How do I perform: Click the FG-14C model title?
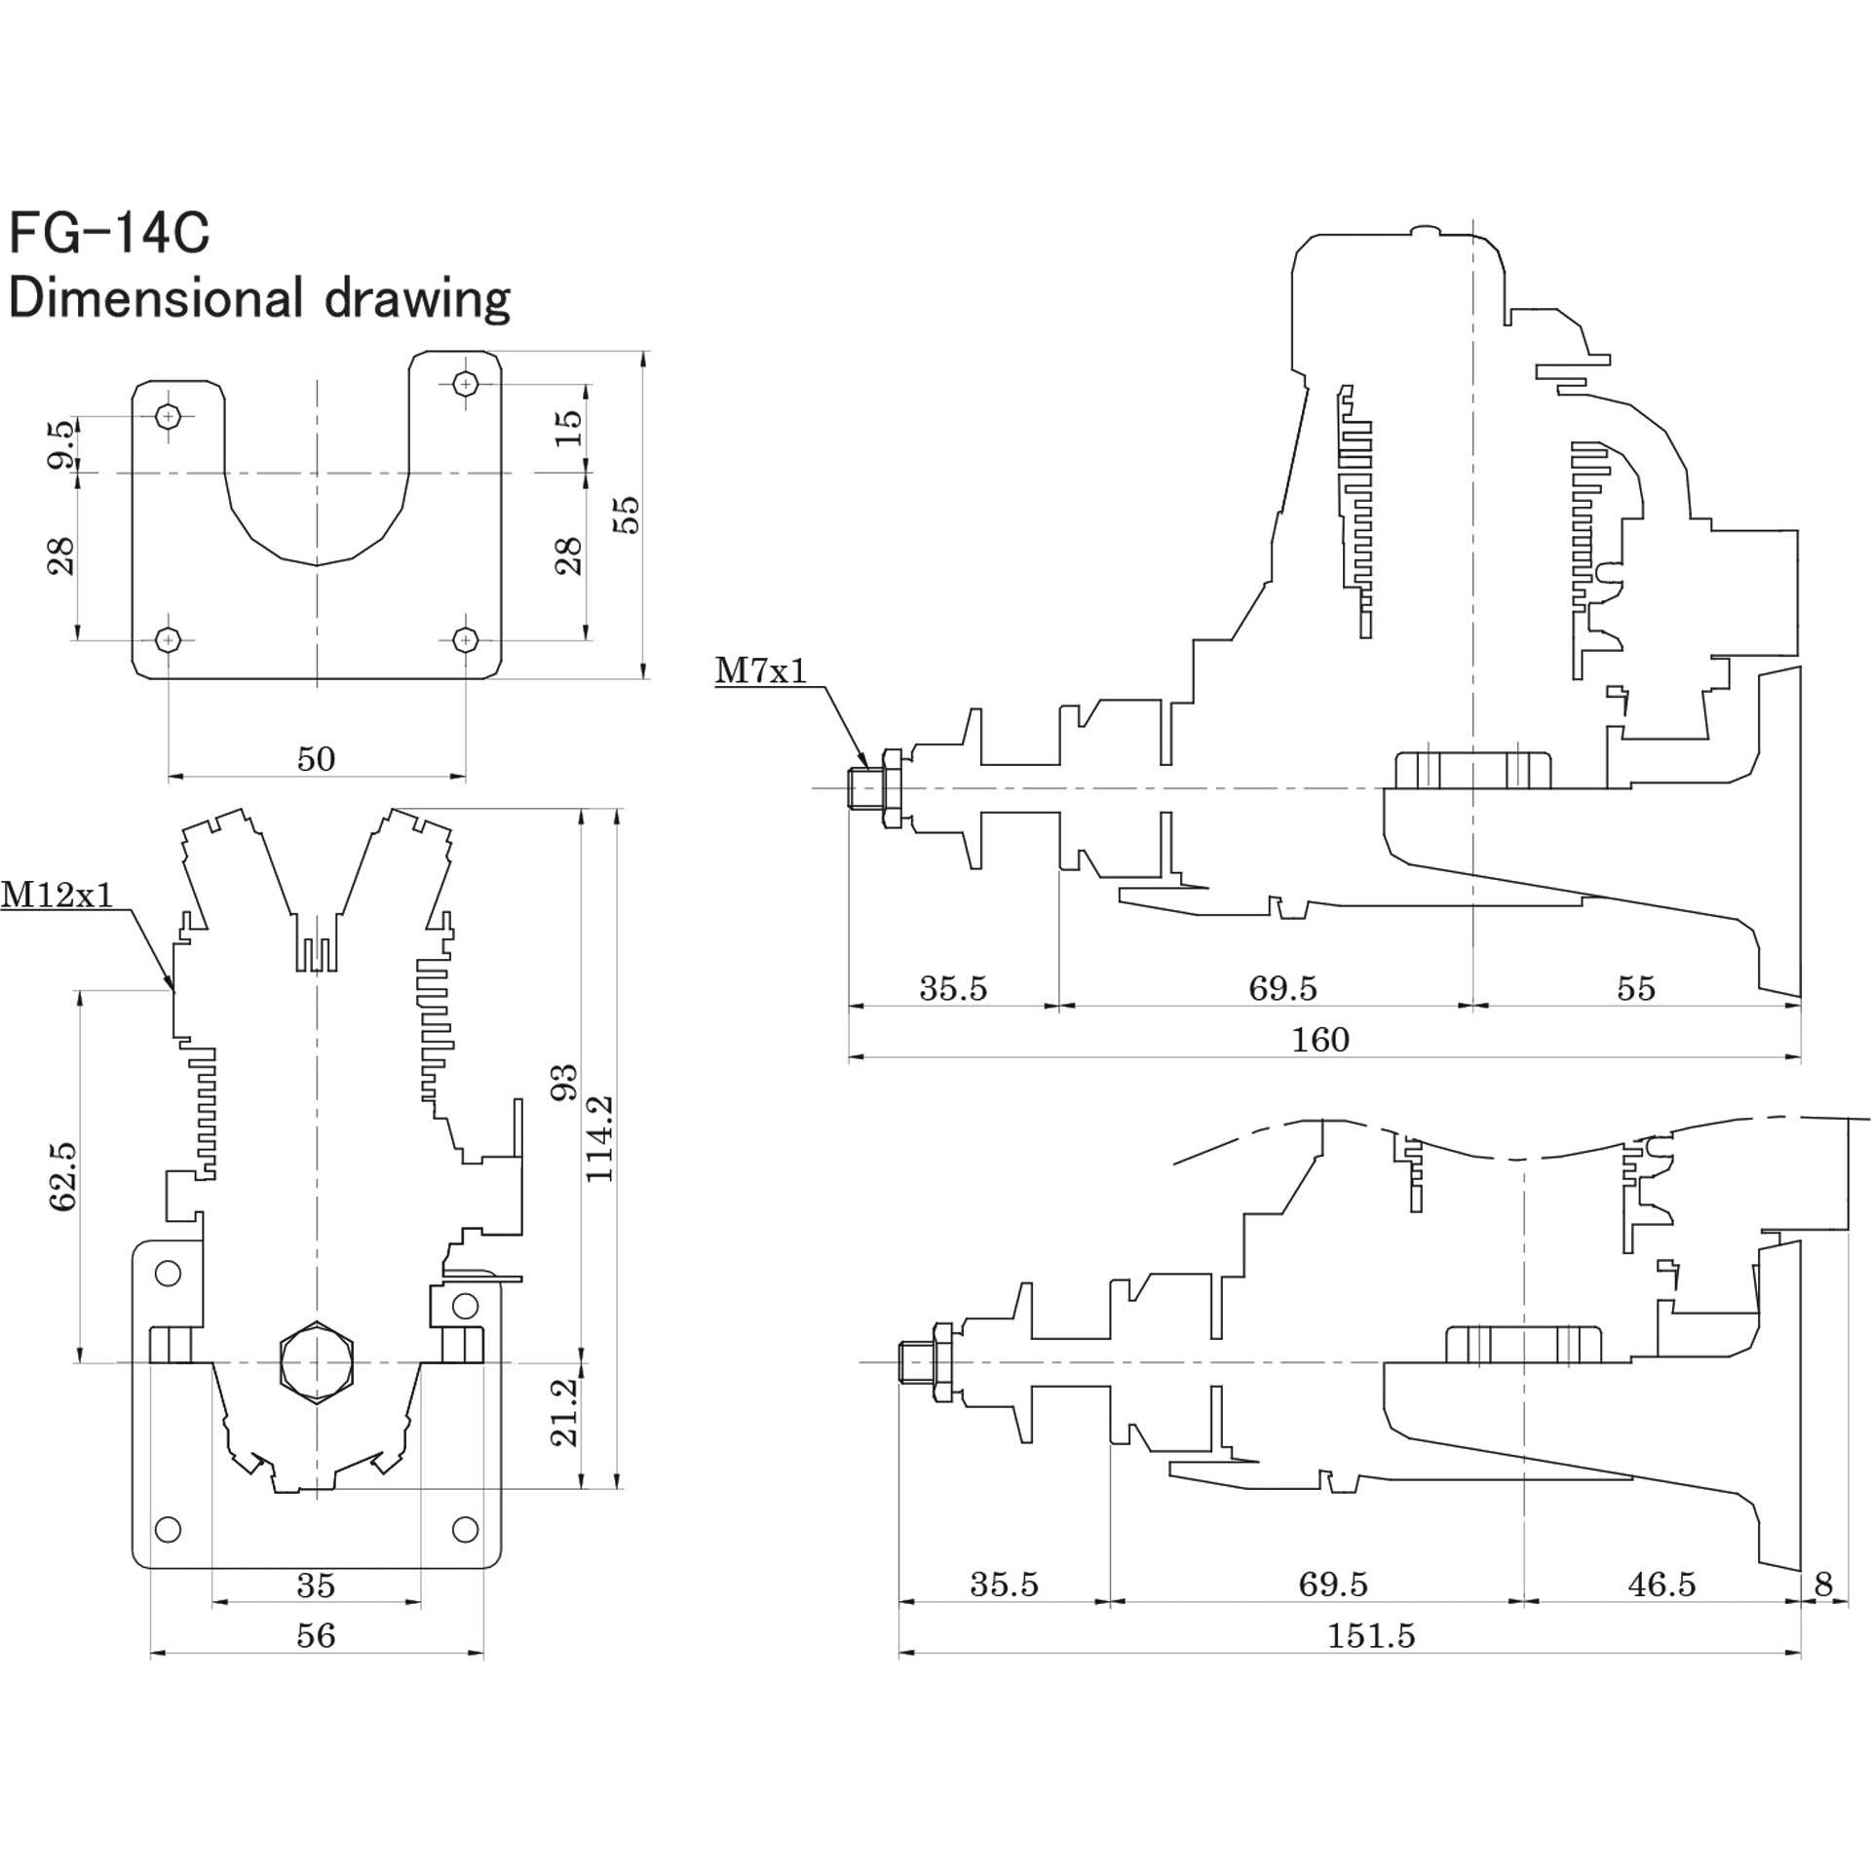coord(109,234)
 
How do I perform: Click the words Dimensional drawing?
coord(258,299)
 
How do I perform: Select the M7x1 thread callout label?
coord(761,670)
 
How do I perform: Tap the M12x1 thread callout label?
coord(57,894)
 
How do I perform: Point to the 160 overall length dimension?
coord(1320,1041)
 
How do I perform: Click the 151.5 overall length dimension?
coord(1370,1635)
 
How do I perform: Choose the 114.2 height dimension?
coord(600,1138)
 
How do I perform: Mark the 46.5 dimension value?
coord(1661,1585)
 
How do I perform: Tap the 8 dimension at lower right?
coord(1823,1585)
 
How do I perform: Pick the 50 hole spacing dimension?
coord(316,759)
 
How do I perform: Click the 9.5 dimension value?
coord(60,443)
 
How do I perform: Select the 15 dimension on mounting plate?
coord(568,427)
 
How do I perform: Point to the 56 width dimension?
coord(316,1635)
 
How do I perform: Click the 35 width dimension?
coord(316,1585)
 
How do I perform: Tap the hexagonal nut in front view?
coord(317,1362)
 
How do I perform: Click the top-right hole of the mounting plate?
coord(466,384)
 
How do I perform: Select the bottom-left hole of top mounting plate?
coord(169,639)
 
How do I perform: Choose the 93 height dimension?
coord(565,1082)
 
